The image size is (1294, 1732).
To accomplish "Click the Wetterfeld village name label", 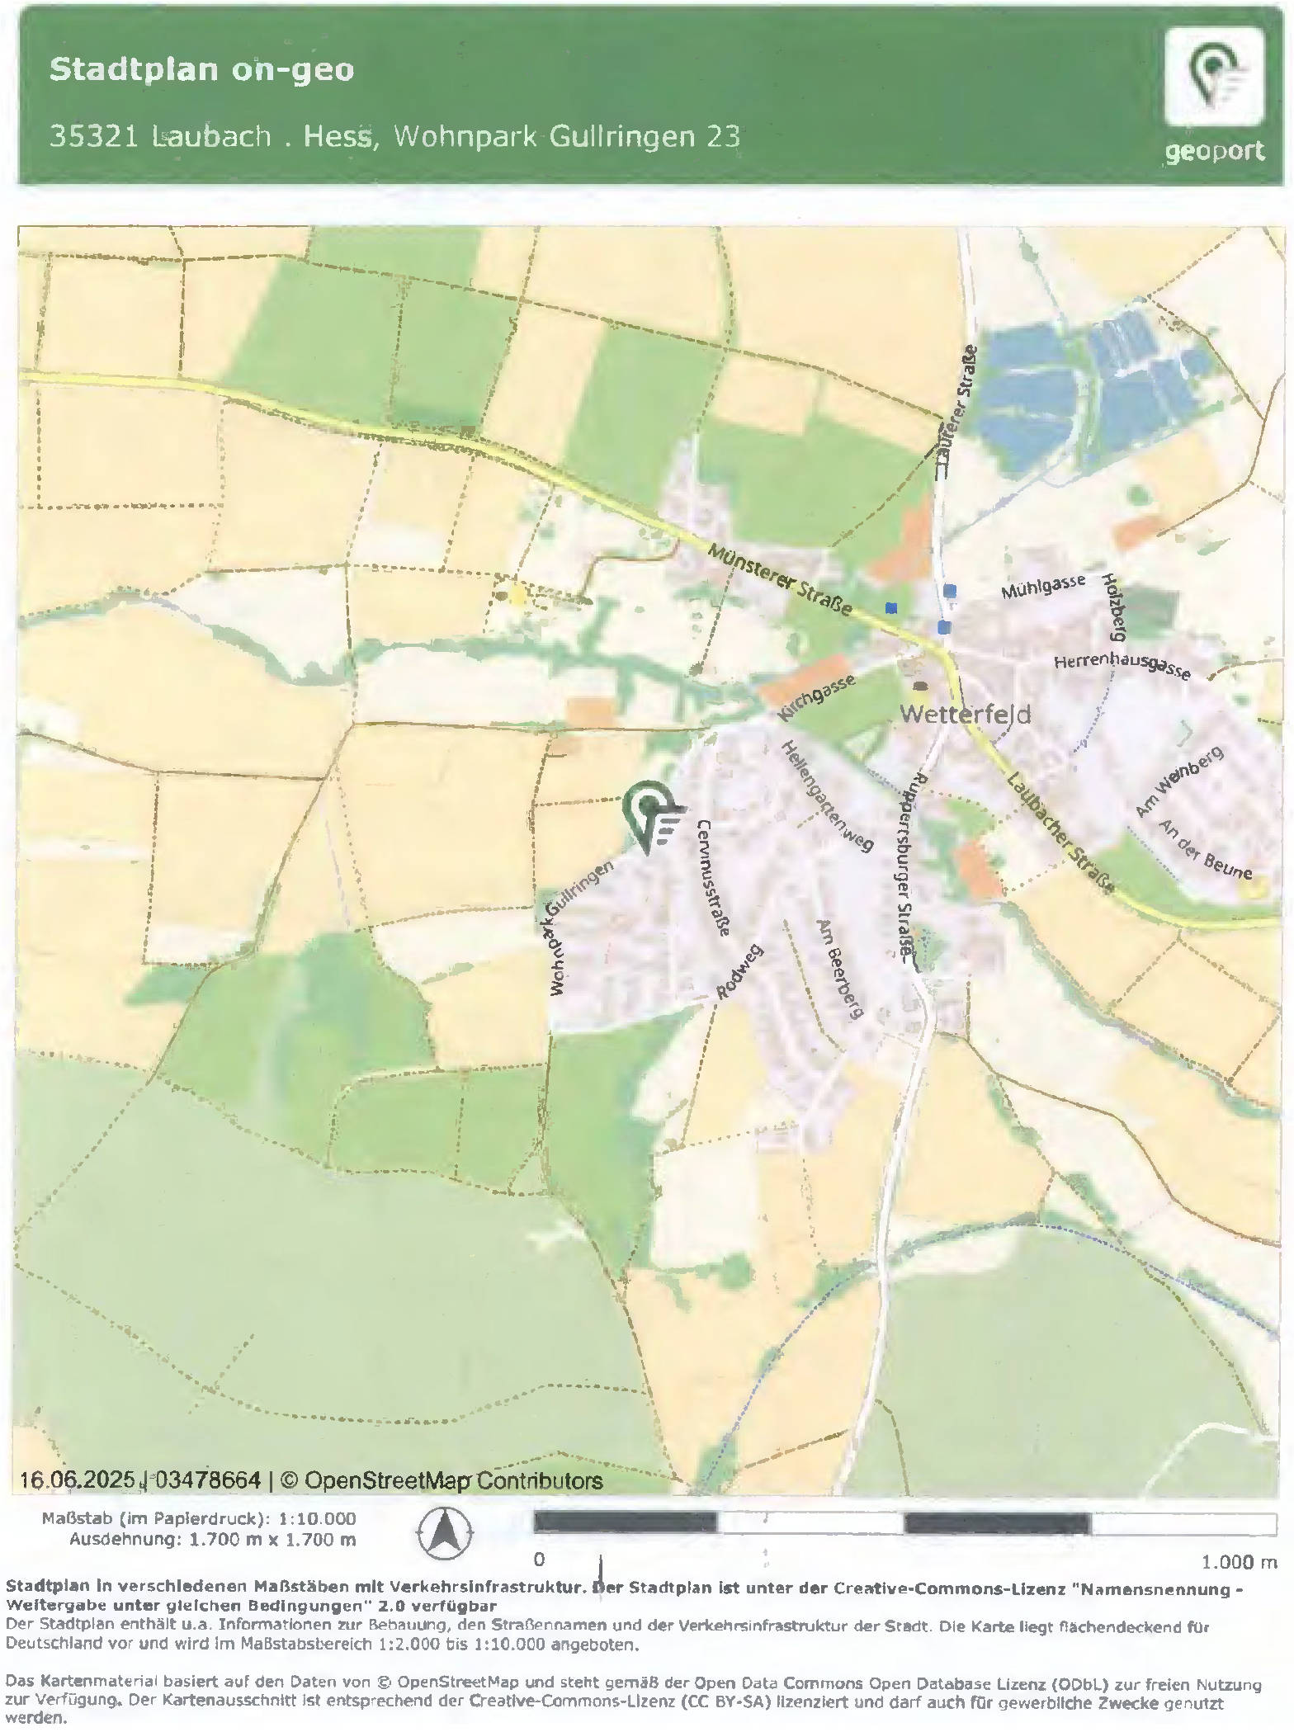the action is [965, 714].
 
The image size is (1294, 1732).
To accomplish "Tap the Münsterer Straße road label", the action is [780, 580].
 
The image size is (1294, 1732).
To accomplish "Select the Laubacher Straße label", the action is [1061, 833].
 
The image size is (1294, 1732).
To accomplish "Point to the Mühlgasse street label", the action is [1043, 588].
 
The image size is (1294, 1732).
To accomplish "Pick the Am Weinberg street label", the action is [1178, 781].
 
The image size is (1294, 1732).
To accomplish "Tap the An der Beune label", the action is [1205, 850].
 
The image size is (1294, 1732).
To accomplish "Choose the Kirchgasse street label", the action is [815, 698].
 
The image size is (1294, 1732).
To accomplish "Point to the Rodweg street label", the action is [739, 972].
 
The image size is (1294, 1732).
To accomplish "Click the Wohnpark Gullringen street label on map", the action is [581, 927].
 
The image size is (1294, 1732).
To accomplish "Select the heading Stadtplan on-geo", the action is [202, 69].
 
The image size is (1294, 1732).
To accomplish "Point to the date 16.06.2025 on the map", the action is [77, 1480].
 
